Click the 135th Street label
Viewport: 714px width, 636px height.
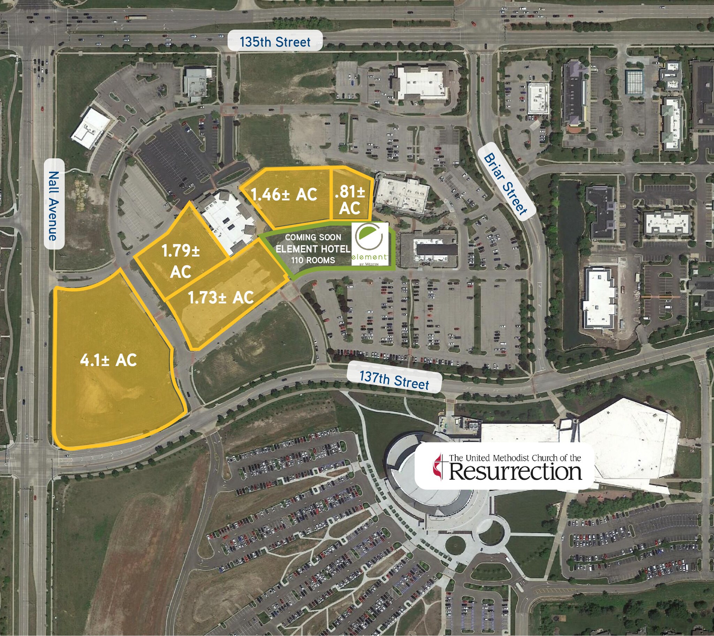275,42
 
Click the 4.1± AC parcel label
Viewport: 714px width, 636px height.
108,360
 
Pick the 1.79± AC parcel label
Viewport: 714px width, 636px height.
180,261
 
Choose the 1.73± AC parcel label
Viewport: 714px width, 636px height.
221,298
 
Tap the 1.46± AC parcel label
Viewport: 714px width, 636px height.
284,195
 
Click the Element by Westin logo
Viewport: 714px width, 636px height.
370,244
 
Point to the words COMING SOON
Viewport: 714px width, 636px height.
313,237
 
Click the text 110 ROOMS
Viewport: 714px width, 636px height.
313,260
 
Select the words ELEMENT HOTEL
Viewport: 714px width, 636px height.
313,249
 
